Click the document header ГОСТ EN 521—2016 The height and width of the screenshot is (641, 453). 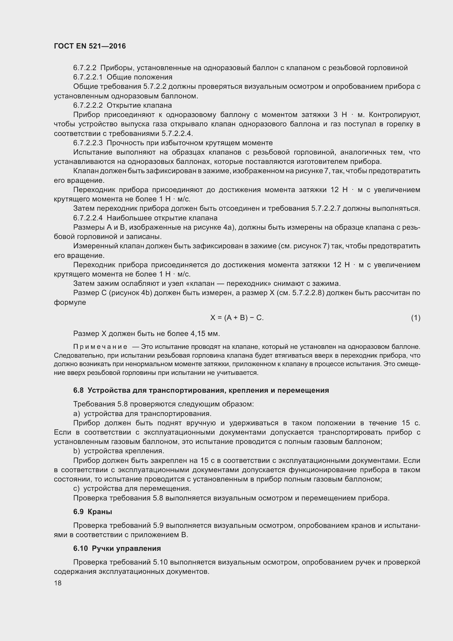click(x=90, y=46)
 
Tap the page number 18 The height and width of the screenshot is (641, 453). click(x=58, y=583)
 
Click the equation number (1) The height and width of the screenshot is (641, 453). click(x=416, y=317)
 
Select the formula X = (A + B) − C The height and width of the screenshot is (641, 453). click(x=237, y=317)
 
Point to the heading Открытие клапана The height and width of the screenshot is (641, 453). click(x=139, y=105)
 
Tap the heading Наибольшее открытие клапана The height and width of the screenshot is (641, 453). click(x=162, y=218)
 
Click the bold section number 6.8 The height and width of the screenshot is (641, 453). click(x=78, y=390)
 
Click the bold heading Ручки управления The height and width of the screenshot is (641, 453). click(x=126, y=548)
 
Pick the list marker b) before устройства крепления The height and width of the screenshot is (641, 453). click(x=77, y=451)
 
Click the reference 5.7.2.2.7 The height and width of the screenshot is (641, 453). click(x=326, y=209)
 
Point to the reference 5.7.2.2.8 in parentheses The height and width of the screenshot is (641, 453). click(x=307, y=293)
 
